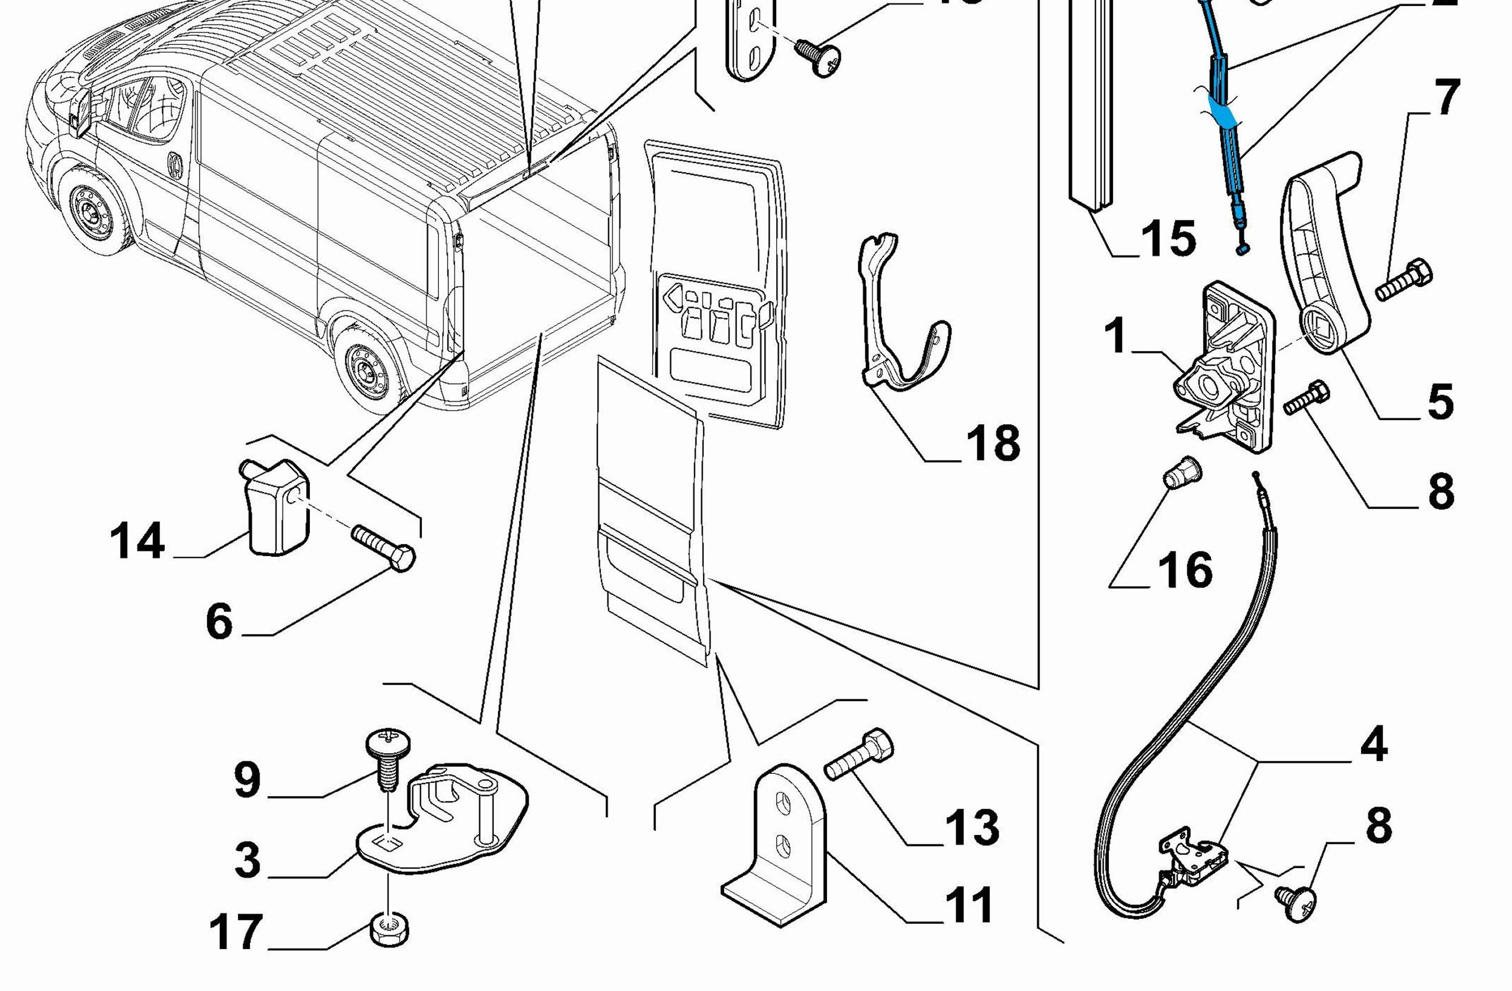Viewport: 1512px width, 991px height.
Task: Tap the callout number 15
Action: coord(1168,239)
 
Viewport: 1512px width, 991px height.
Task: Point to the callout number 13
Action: coord(972,827)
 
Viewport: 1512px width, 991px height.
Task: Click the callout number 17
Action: coord(236,932)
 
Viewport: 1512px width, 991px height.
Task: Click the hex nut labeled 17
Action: coord(389,930)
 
